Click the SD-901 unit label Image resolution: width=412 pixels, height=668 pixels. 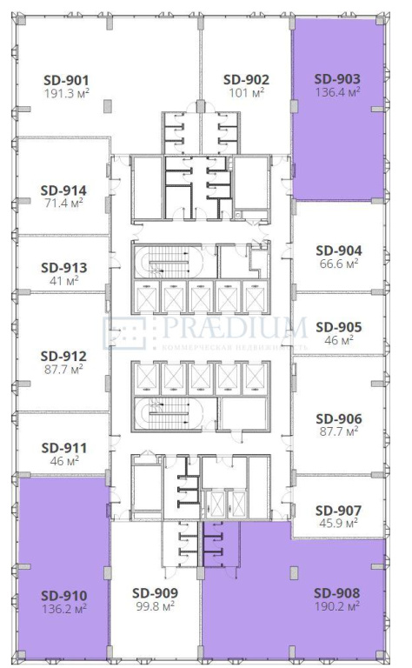(66, 80)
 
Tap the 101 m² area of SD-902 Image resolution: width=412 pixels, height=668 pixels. (247, 92)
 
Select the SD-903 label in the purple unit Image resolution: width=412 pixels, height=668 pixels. (337, 79)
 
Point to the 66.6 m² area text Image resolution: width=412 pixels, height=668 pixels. (338, 264)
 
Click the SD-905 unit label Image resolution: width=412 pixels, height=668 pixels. (339, 327)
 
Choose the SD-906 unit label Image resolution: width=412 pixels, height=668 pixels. (339, 418)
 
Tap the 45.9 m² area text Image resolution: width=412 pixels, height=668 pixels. (338, 522)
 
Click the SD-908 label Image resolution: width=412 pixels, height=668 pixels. (336, 593)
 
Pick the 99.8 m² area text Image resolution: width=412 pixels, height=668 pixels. (155, 605)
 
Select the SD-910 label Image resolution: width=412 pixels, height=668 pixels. (63, 596)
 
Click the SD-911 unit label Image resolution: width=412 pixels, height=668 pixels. (63, 448)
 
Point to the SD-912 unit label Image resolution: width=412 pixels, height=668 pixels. (63, 356)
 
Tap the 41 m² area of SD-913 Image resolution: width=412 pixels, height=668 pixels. (63, 281)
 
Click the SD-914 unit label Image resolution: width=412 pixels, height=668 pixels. (63, 190)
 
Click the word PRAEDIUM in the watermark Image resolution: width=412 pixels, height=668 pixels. (235, 327)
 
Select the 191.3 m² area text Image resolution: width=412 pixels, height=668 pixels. (66, 93)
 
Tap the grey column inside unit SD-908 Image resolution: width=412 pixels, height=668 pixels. (294, 573)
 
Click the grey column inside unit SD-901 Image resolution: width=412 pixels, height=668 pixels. (108, 106)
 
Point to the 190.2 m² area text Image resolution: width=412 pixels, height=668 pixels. (336, 605)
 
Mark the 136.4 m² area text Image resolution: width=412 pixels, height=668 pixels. (337, 91)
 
